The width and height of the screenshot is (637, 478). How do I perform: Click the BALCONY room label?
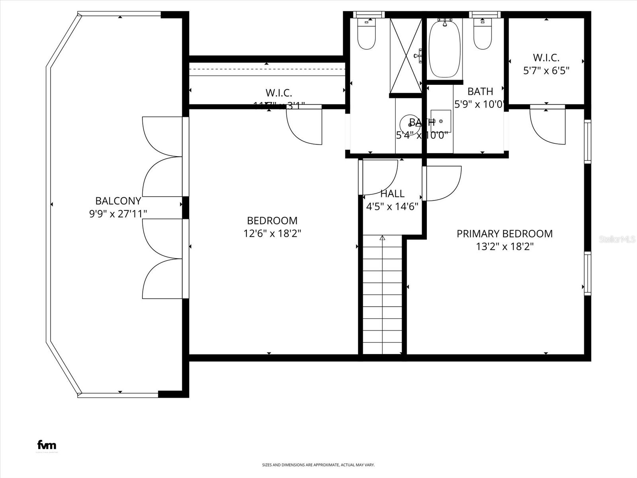pyautogui.click(x=118, y=201)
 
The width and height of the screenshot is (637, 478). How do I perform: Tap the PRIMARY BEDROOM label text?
pyautogui.click(x=504, y=234)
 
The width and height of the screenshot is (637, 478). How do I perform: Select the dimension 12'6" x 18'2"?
pyautogui.click(x=272, y=233)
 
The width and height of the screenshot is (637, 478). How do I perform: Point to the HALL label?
pyautogui.click(x=393, y=194)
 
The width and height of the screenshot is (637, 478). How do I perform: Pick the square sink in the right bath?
pyautogui.click(x=441, y=121)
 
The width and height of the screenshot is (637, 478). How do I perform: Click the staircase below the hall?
pyautogui.click(x=383, y=295)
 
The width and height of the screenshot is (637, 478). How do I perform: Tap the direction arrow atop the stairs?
pyautogui.click(x=383, y=238)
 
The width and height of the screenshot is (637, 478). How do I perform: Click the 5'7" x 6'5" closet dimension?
pyautogui.click(x=546, y=71)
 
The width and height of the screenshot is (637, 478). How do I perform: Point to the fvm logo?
pyautogui.click(x=47, y=445)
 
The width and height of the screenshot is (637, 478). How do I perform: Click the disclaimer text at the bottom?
pyautogui.click(x=318, y=465)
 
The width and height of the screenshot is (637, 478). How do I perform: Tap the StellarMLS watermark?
pyautogui.click(x=617, y=239)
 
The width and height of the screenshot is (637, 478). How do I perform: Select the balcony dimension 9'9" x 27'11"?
pyautogui.click(x=118, y=214)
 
